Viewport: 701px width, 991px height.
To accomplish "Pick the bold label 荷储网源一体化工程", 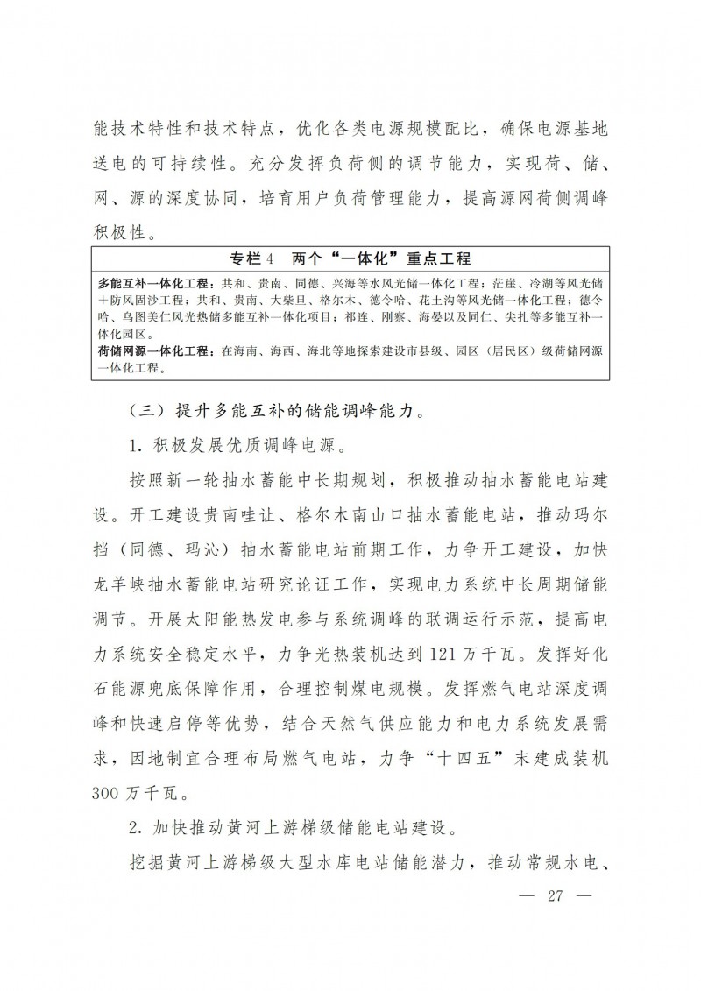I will (154, 352).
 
